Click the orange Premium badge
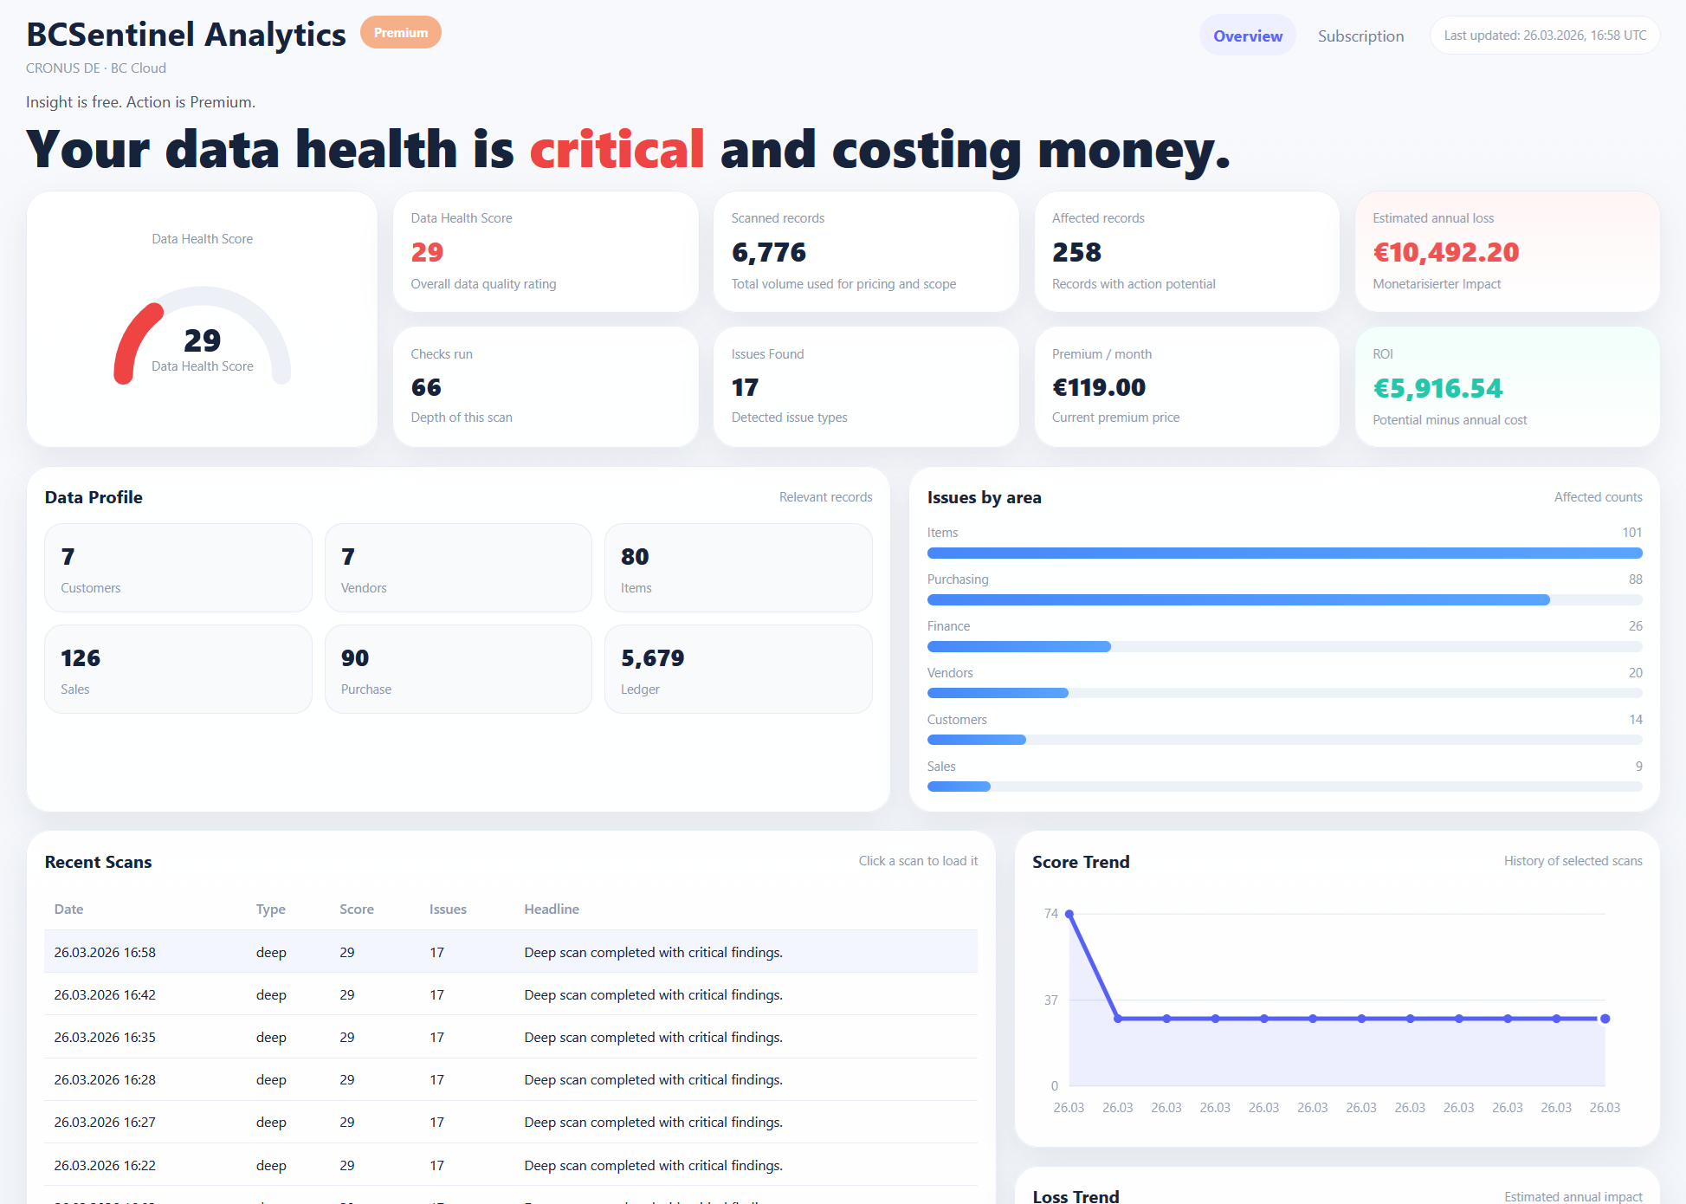click(x=400, y=33)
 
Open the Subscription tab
click(x=1360, y=36)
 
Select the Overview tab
click(x=1247, y=36)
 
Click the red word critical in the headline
click(x=617, y=150)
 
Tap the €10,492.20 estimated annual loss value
click(x=1445, y=252)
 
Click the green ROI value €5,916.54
click(x=1437, y=388)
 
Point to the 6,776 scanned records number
click(x=768, y=252)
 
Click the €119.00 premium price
click(x=1098, y=387)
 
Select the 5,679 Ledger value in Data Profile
click(x=652, y=658)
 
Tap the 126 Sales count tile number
click(x=81, y=658)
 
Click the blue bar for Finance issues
click(x=1018, y=646)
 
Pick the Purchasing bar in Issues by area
click(x=1237, y=599)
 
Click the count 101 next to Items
click(x=1631, y=533)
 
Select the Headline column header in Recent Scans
click(x=552, y=909)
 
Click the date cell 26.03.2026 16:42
click(x=105, y=995)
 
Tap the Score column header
click(x=356, y=909)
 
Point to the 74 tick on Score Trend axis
click(x=1050, y=914)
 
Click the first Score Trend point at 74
click(x=1069, y=914)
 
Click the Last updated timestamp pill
click(x=1544, y=36)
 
